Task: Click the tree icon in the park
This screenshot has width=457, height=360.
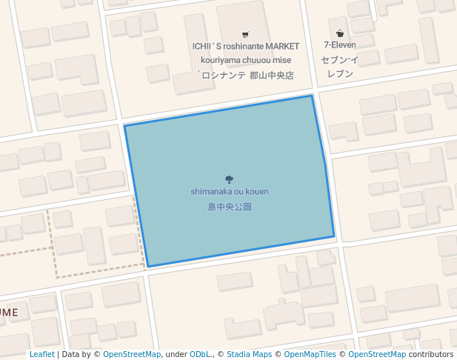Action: [229, 179]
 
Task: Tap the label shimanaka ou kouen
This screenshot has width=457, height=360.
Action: [230, 192]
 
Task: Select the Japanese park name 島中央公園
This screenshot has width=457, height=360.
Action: [230, 207]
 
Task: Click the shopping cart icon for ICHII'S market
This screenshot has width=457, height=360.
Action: [245, 34]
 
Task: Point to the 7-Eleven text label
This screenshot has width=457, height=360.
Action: [340, 45]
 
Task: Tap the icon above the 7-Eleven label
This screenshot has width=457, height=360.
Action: [340, 33]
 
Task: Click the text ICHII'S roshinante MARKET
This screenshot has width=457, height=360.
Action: [246, 47]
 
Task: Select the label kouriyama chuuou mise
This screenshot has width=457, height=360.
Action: [245, 60]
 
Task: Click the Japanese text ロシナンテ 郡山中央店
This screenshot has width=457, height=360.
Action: [245, 75]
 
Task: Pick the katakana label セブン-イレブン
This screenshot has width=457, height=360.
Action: [340, 67]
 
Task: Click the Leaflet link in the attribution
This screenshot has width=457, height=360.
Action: [42, 355]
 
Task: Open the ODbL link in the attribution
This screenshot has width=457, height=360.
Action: [201, 355]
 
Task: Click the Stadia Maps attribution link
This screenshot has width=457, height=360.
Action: [249, 355]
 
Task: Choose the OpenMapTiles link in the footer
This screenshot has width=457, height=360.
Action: [310, 355]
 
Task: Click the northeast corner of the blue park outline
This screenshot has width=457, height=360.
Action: [312, 96]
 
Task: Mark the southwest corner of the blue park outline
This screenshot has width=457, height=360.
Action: [148, 266]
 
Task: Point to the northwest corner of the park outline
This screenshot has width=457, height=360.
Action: [124, 126]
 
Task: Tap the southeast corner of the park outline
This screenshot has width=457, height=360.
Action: [334, 237]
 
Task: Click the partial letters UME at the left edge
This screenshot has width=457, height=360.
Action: [8, 313]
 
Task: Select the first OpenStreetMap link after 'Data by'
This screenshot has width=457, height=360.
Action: [132, 355]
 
